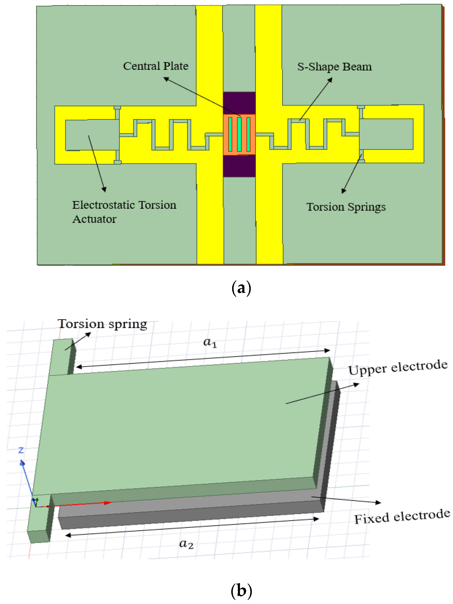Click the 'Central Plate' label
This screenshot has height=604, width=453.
156,66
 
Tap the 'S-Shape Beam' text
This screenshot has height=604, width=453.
334,67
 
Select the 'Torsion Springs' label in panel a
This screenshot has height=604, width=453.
346,207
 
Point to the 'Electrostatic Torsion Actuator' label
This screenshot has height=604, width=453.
124,212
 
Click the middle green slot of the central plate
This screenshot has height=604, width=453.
239,134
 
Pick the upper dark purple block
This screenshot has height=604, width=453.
239,103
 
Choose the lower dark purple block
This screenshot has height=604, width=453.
239,166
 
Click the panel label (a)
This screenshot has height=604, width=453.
241,288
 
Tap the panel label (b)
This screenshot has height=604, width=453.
241,591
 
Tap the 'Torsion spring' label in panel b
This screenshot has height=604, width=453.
102,324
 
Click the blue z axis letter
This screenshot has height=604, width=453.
21,450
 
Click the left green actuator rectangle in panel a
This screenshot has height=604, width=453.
92,135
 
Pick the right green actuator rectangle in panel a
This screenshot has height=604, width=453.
386,134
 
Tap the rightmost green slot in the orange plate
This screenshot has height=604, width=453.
248,134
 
